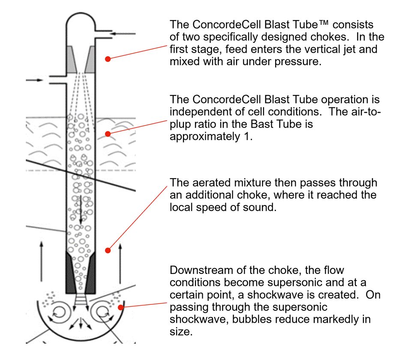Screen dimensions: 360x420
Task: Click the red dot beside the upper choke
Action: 108,59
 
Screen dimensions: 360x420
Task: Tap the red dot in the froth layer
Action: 108,134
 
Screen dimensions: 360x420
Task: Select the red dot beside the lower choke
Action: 108,250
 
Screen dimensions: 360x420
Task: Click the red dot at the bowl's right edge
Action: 121,306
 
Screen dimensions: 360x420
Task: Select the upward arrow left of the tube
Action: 42,257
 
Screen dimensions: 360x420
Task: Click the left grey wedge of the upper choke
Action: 72,59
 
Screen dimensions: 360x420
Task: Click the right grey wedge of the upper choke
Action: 90,59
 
